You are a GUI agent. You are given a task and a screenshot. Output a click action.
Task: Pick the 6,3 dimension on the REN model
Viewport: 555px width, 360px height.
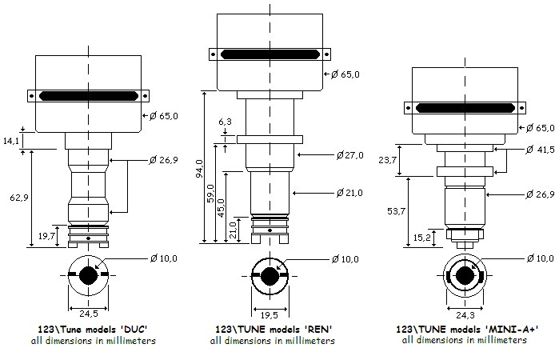[x=226, y=122]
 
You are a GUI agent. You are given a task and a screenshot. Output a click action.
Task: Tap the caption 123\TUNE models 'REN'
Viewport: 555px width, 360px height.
[x=274, y=329]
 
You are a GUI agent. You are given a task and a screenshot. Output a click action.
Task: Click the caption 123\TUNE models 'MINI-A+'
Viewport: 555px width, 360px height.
[x=466, y=329]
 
